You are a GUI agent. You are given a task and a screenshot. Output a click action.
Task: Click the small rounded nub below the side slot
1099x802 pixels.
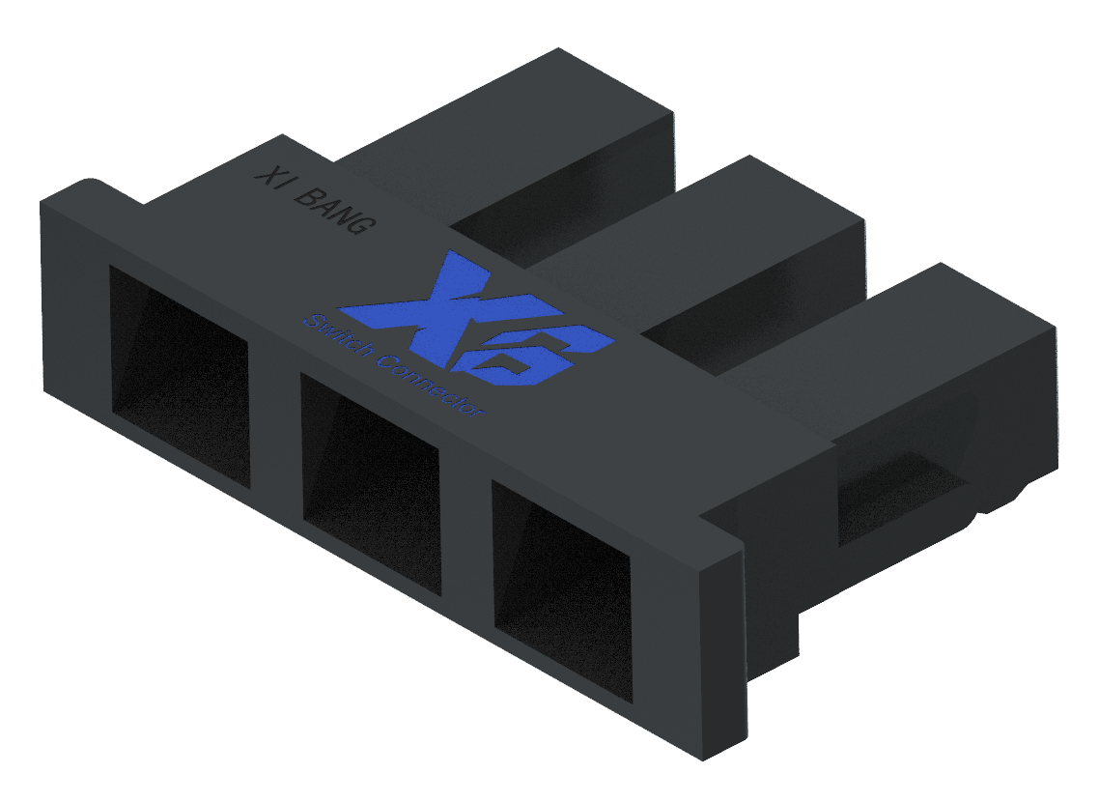(1009, 498)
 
